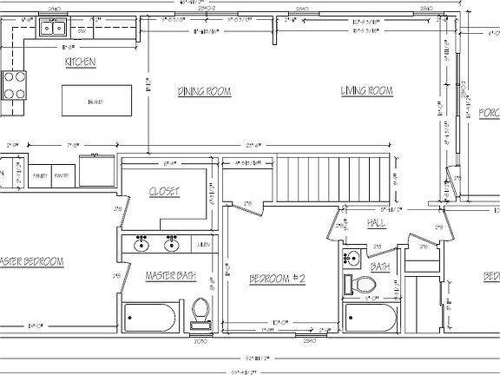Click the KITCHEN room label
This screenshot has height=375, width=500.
(x=79, y=62)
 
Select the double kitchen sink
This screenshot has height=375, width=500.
(x=51, y=29)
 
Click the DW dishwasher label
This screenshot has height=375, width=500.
(x=82, y=31)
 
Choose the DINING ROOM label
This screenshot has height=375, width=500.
(x=202, y=91)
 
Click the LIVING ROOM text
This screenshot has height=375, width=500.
(x=366, y=90)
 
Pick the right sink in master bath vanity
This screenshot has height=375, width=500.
(x=171, y=244)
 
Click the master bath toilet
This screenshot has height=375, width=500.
(x=201, y=311)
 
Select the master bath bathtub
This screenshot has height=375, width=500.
(x=153, y=317)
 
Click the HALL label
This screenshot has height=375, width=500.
(x=376, y=223)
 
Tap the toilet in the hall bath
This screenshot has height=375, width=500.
(x=365, y=284)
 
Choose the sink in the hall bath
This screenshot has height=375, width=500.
(x=352, y=258)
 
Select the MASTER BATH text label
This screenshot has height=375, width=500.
(x=170, y=277)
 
